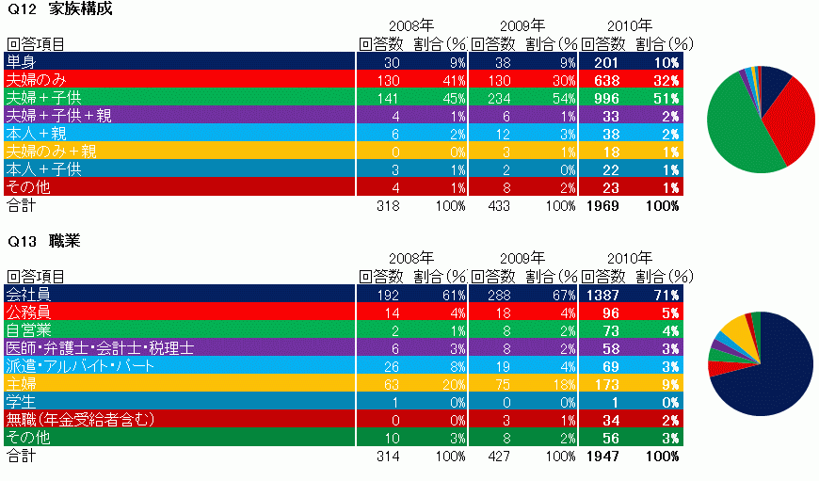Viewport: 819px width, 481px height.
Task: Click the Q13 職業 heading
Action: click(43, 242)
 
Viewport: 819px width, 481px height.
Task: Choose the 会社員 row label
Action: click(28, 296)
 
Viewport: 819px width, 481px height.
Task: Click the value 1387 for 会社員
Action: click(603, 296)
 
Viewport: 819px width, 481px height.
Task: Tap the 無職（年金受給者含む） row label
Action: click(79, 420)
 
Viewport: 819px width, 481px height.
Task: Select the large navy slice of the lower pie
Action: click(772, 367)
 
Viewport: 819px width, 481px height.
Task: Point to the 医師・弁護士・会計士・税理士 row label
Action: click(100, 348)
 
